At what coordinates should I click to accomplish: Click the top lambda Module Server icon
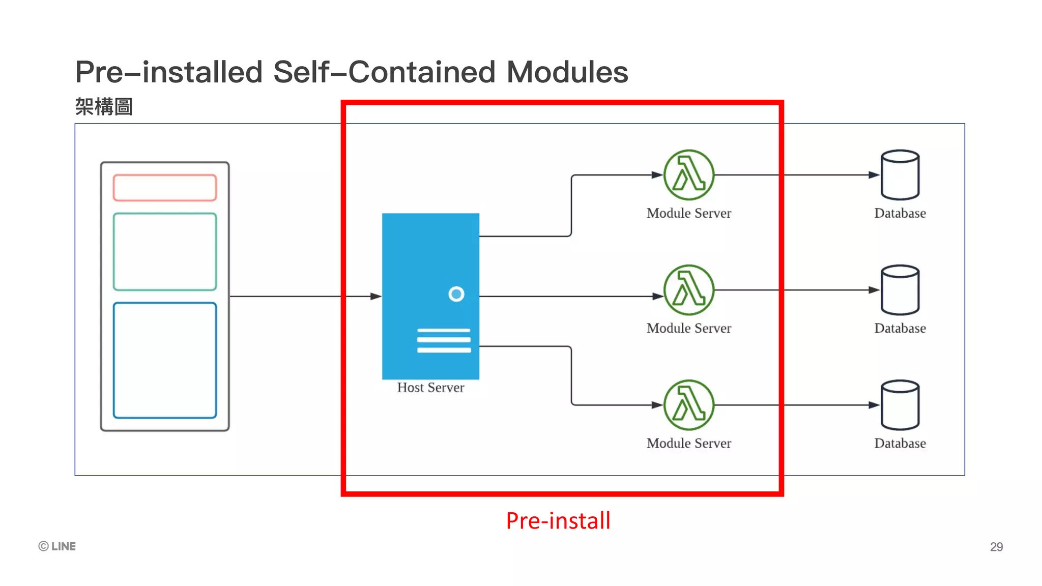pos(689,175)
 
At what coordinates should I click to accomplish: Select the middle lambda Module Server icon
pos(689,290)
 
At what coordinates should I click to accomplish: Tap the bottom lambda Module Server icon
pos(689,405)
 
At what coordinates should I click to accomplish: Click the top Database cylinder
pos(900,175)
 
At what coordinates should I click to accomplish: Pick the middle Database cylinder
pos(900,290)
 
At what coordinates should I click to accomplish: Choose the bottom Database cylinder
pos(900,405)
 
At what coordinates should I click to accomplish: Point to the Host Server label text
pos(430,388)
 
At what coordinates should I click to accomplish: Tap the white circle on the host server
pos(456,294)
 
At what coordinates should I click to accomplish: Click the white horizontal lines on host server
pos(444,340)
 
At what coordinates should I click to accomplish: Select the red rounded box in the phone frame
pos(165,188)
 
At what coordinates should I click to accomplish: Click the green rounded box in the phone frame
pos(165,252)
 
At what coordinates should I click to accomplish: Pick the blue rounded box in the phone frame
pos(165,360)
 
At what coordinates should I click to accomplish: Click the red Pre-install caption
pos(558,521)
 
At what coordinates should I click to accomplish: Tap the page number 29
pos(996,547)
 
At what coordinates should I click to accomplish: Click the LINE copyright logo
pos(57,546)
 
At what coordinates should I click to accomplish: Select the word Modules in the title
pos(567,72)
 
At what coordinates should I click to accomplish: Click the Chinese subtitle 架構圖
pos(104,107)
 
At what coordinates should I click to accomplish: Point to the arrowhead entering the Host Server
pos(376,296)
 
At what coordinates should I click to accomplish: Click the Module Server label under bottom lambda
pos(689,443)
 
